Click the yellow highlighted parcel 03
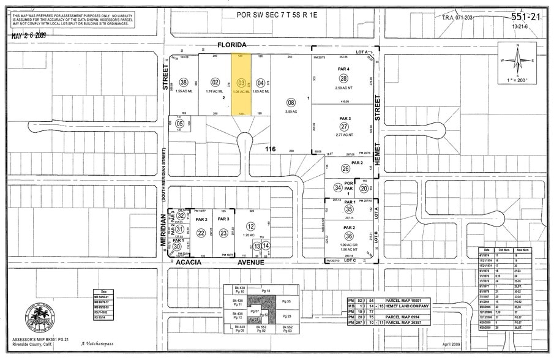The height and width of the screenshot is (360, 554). coord(241,83)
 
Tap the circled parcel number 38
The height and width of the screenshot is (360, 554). coord(182,82)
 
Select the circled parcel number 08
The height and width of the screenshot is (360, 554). coord(291,102)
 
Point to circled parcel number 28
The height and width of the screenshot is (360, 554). coord(344,78)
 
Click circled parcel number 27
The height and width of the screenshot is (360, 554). coord(344,127)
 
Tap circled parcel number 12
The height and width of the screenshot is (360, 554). coord(250,227)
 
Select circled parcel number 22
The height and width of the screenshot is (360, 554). coord(201,233)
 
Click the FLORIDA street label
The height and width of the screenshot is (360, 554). coord(231,45)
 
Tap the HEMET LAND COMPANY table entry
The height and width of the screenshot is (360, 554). coord(406,306)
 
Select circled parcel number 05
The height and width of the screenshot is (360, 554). coord(179,122)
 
